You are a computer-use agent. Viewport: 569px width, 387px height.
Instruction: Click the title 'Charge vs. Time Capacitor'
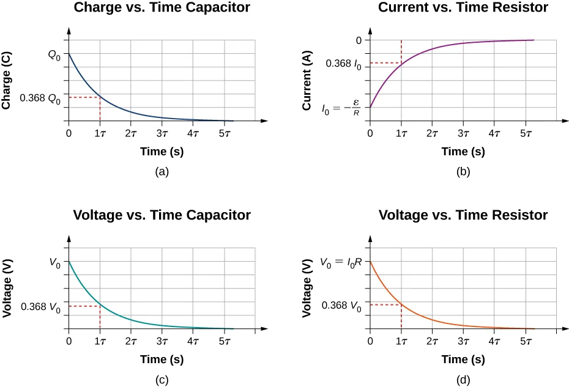[x=162, y=9]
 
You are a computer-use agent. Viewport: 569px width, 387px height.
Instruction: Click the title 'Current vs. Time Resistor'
[x=463, y=9]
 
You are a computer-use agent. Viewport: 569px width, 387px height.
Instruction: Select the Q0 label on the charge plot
[x=55, y=54]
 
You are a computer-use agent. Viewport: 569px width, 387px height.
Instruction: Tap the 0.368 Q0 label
[x=40, y=98]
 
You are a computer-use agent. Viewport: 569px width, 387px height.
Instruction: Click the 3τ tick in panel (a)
[x=162, y=133]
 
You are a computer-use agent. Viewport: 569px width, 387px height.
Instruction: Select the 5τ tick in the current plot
[x=526, y=133]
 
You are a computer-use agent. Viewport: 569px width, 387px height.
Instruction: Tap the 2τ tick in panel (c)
[x=131, y=341]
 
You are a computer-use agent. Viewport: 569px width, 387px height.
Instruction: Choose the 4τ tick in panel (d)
[x=494, y=341]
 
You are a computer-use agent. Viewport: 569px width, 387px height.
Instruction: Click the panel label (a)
[x=162, y=172]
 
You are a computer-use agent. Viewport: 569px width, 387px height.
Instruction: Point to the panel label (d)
[x=463, y=380]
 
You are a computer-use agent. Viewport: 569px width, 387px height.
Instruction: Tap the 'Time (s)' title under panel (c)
[x=162, y=359]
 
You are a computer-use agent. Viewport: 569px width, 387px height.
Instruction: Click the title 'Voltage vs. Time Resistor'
[x=463, y=215]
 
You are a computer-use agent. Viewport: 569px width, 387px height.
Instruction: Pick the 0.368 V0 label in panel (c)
[x=40, y=307]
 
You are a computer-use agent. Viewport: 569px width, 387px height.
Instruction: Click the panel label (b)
[x=463, y=172]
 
